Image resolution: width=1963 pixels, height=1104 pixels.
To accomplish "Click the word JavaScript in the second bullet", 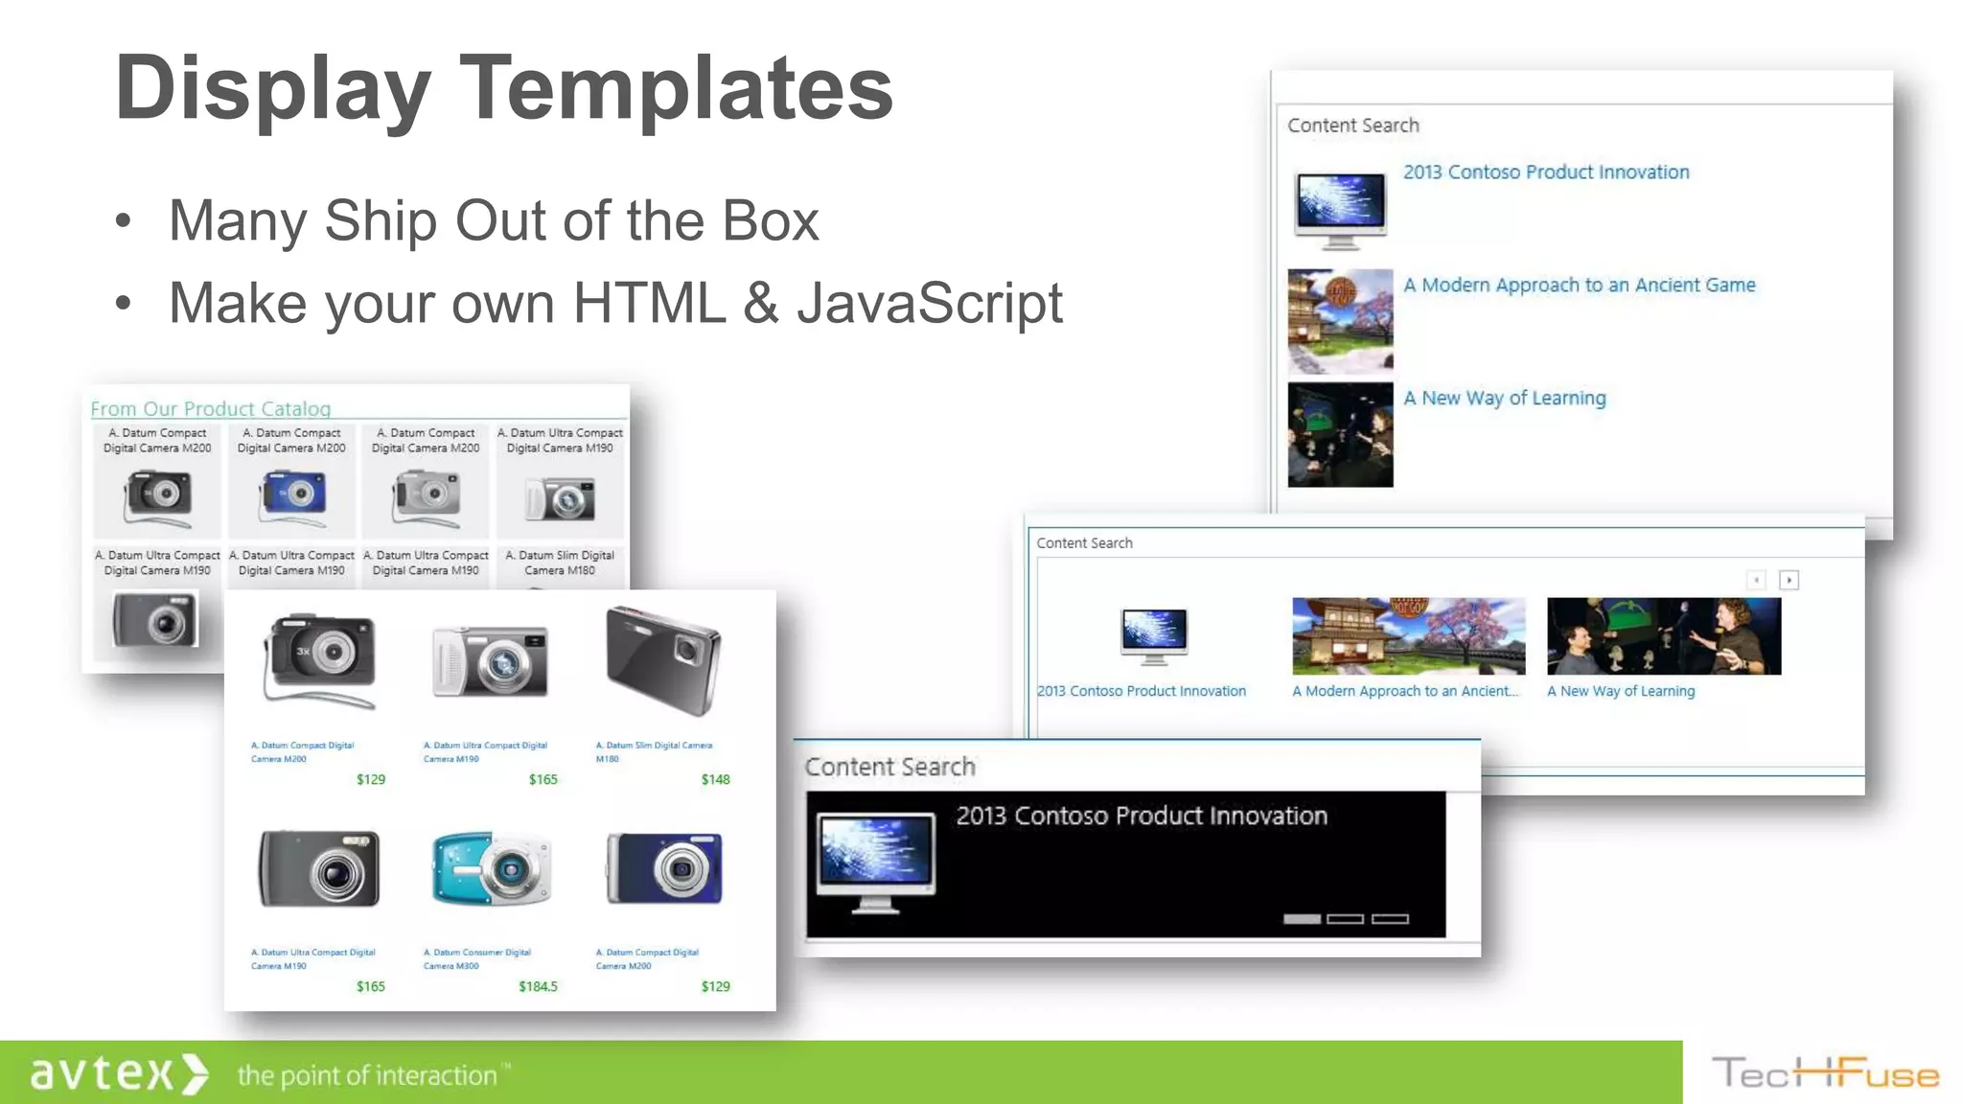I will (x=929, y=304).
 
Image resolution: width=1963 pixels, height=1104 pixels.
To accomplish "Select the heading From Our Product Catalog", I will (x=211, y=409).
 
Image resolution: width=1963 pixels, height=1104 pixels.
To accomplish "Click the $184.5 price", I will (x=538, y=986).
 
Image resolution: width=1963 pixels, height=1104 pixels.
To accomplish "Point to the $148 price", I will (x=715, y=779).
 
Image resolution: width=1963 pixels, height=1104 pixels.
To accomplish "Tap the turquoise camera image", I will (x=492, y=868).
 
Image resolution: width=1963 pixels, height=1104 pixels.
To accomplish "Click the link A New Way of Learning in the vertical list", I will (x=1504, y=398).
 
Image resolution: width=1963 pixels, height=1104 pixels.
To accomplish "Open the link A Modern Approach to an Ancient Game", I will (x=1579, y=285).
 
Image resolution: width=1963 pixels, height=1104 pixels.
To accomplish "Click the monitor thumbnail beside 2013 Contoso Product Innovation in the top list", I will (x=1340, y=209).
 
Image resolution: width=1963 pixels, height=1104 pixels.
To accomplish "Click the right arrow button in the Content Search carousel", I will (x=1789, y=580).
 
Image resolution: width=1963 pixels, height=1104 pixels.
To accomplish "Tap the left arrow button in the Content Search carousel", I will (x=1756, y=580).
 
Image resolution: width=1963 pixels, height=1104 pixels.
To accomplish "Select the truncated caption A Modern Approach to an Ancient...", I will (x=1405, y=691).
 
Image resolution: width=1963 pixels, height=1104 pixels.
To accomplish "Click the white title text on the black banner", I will (x=1142, y=816).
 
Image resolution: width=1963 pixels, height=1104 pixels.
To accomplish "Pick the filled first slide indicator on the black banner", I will (x=1302, y=919).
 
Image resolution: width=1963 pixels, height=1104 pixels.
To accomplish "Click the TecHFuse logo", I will (x=1825, y=1073).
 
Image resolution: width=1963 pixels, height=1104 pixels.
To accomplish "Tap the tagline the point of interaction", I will (x=367, y=1075).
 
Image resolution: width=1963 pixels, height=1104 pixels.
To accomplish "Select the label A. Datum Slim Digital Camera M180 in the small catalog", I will (x=560, y=563).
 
